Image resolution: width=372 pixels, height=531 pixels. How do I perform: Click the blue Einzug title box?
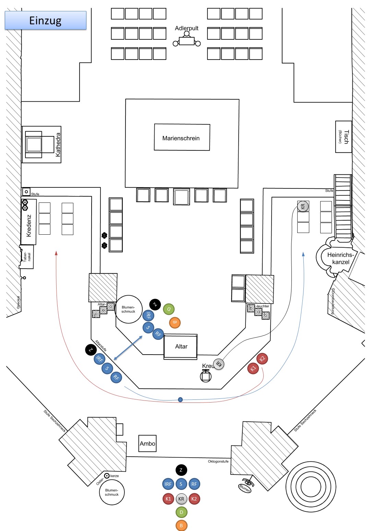tap(45, 20)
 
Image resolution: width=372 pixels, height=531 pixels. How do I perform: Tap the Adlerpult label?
tap(187, 28)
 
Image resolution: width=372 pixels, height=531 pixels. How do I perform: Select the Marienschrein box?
tap(182, 137)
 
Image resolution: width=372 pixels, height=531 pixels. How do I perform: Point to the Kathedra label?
tap(58, 145)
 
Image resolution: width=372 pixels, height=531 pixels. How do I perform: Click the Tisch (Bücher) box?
tap(343, 137)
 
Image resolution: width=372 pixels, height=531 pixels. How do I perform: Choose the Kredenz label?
tap(29, 225)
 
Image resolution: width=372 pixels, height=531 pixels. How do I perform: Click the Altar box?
tap(181, 346)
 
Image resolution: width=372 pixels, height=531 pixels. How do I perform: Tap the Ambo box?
tap(147, 443)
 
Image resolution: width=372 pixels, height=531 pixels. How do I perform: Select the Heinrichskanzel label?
tap(340, 258)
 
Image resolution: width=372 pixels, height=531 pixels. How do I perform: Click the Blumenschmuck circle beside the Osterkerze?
tap(112, 492)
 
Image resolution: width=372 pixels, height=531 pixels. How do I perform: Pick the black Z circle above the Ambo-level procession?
tap(181, 470)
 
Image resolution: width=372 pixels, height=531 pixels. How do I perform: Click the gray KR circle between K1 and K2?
tap(181, 499)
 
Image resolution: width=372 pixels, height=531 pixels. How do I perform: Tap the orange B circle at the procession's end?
tap(181, 525)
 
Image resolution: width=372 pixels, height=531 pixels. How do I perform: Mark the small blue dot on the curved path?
tap(180, 399)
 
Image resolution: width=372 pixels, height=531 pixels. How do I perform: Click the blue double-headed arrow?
tap(128, 348)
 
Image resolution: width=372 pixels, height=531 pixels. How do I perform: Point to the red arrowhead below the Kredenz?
tap(56, 253)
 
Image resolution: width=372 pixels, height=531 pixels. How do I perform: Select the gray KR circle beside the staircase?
tap(303, 206)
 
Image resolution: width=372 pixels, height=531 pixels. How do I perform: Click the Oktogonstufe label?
tap(218, 461)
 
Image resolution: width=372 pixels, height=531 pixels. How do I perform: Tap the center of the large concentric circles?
tap(311, 486)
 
